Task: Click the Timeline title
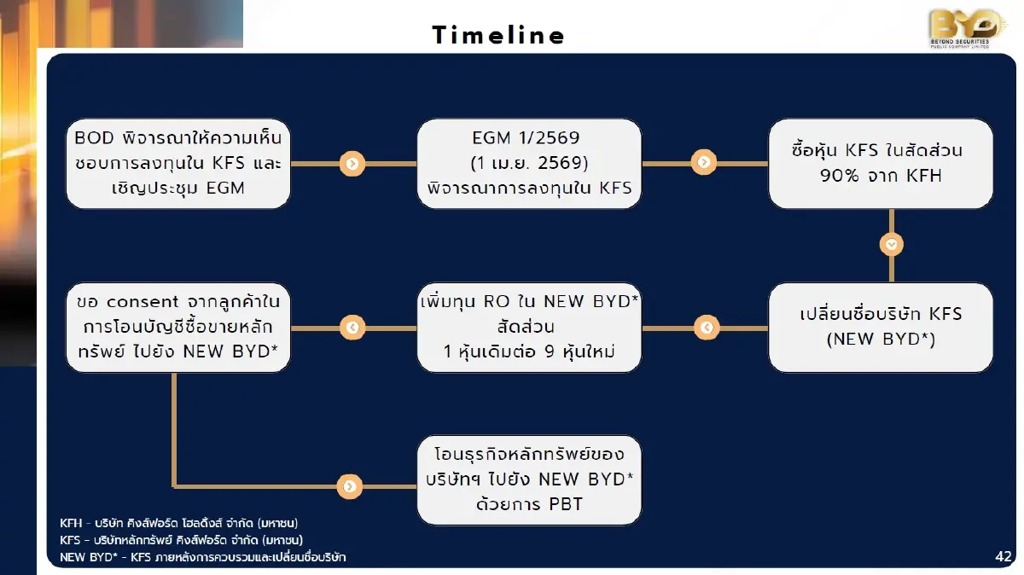click(498, 35)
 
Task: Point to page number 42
click(1003, 556)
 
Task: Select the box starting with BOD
click(178, 163)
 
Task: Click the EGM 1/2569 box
click(529, 163)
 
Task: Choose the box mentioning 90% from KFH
click(881, 163)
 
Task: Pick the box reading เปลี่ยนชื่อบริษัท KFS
click(881, 327)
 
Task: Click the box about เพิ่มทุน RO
click(529, 327)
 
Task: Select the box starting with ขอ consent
click(178, 327)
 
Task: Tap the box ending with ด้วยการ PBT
click(529, 479)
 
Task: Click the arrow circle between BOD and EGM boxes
click(352, 164)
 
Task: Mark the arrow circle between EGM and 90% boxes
click(704, 162)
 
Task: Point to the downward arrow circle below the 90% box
click(892, 245)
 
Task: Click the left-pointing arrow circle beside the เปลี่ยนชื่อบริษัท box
click(706, 327)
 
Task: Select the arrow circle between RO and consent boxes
click(352, 327)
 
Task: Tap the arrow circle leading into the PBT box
click(349, 486)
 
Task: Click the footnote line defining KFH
click(178, 522)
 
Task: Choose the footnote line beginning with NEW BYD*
click(203, 557)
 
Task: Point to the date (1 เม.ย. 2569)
click(529, 163)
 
